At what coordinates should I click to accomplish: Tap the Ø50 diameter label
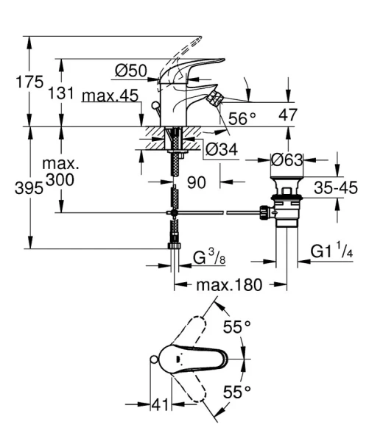[x=132, y=71]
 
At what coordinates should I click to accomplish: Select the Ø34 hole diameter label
[x=220, y=151]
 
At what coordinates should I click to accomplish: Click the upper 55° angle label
[x=237, y=327]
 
